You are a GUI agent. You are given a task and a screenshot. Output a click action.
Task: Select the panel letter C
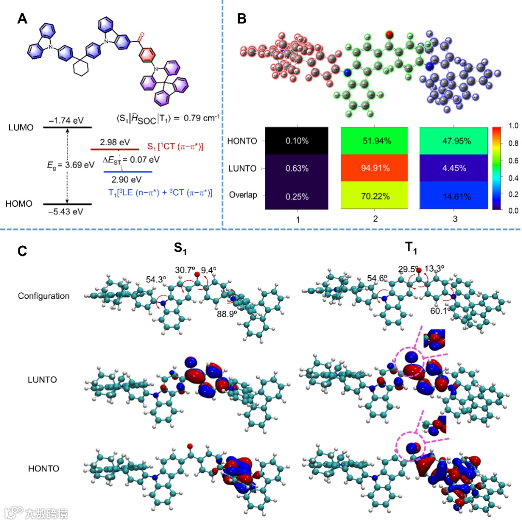point(22,251)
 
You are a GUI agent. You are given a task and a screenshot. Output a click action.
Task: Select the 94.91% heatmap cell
point(375,169)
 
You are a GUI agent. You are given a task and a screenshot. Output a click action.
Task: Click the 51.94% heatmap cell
point(375,141)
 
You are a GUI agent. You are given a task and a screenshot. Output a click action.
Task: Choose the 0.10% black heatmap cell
point(297,141)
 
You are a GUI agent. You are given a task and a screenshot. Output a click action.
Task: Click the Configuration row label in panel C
point(43,296)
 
